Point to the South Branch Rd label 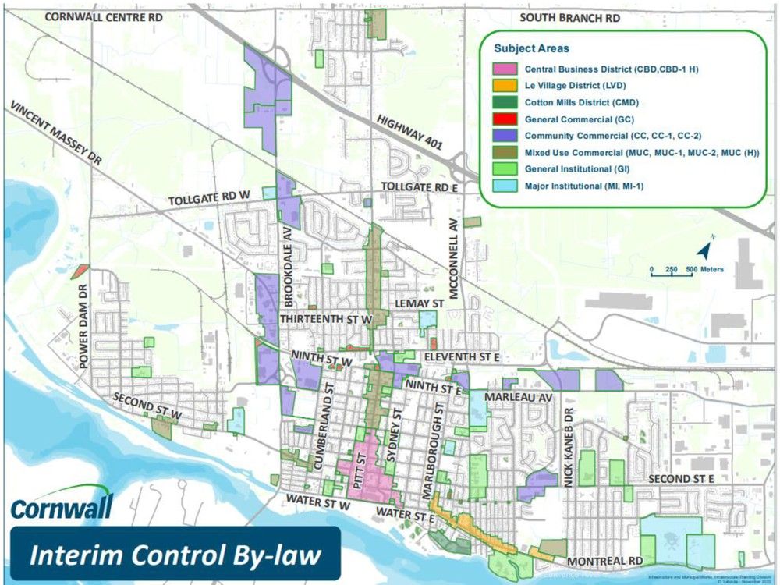570,16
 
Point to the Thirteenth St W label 323,320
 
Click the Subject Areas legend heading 532,48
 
